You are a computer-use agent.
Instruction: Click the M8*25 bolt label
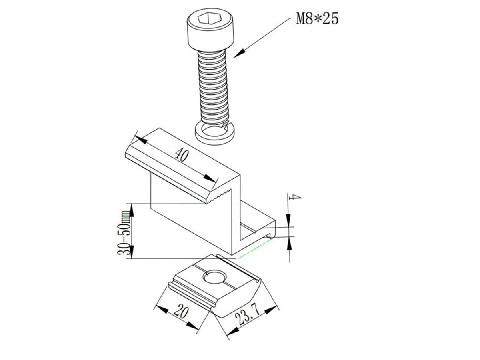(x=317, y=18)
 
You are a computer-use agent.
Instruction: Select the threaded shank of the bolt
(x=213, y=88)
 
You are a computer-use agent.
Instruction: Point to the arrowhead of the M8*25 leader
(x=239, y=53)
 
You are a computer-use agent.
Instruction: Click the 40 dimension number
(x=182, y=155)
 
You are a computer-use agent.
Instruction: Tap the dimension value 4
(x=295, y=197)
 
